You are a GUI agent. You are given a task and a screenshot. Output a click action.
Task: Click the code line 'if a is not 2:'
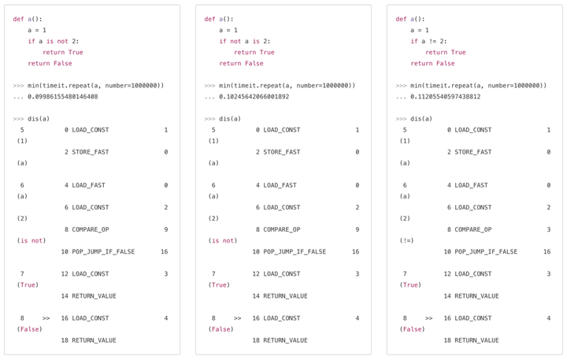point(54,41)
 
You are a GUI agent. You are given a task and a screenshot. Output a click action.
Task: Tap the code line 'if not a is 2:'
point(245,41)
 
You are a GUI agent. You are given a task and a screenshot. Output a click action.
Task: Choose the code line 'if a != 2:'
point(432,41)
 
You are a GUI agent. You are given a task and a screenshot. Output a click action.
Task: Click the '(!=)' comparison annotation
point(406,240)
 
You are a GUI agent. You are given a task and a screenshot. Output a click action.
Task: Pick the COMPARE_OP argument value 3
point(548,229)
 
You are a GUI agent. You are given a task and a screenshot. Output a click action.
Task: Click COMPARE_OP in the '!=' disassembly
point(472,229)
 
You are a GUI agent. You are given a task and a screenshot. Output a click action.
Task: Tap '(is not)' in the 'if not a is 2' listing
point(223,240)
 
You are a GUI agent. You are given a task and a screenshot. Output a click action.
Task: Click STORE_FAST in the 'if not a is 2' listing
point(282,151)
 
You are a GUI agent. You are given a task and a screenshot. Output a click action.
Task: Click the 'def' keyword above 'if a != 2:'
point(401,19)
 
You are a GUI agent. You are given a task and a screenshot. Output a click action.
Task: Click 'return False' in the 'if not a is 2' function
point(241,63)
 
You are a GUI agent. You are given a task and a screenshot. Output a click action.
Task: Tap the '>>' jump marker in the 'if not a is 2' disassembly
point(237,317)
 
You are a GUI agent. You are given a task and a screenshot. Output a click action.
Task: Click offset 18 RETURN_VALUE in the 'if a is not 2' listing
point(94,340)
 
